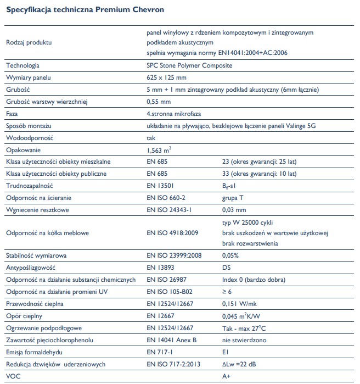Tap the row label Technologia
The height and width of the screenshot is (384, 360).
click(x=22, y=66)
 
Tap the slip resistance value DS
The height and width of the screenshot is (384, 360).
click(x=226, y=268)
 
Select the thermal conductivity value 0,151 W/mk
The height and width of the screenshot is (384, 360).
click(x=240, y=304)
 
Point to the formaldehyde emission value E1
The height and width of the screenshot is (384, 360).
click(x=225, y=352)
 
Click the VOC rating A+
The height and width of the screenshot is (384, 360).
click(x=226, y=376)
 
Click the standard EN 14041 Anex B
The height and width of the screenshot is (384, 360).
click(x=171, y=340)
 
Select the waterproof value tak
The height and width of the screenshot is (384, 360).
click(x=152, y=138)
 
